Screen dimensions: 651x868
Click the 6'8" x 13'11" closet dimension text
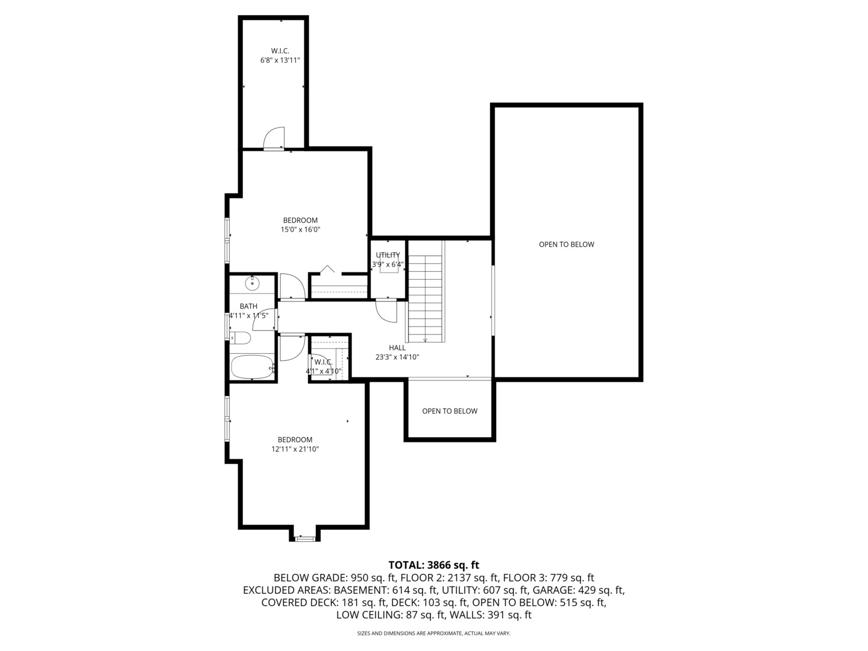coord(280,60)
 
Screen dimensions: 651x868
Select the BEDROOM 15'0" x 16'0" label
coord(300,225)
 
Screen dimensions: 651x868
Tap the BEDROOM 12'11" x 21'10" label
coord(295,444)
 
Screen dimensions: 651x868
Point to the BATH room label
coord(248,306)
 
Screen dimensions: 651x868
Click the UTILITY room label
coord(388,255)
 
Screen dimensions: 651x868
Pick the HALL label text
coord(397,348)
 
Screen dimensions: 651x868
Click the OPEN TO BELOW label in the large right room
coord(566,244)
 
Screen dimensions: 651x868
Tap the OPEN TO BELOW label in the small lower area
coord(450,411)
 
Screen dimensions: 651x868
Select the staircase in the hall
coord(426,298)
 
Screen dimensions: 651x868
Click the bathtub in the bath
coord(253,367)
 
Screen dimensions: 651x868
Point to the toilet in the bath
coord(241,338)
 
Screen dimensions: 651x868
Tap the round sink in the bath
coord(252,282)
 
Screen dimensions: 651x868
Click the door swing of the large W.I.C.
coord(275,138)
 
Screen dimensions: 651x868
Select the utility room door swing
coord(386,310)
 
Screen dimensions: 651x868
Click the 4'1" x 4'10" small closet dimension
coord(324,371)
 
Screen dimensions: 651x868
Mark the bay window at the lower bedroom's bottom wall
coord(305,537)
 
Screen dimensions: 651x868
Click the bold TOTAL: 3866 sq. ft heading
coord(433,565)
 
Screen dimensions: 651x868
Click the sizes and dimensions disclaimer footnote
coord(433,634)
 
